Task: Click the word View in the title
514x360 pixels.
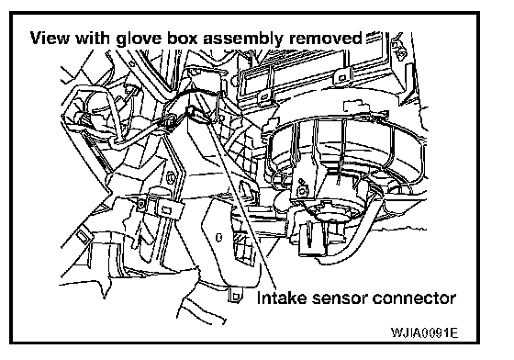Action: [50, 38]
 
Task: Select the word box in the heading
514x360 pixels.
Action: [183, 38]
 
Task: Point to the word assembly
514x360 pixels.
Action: [243, 39]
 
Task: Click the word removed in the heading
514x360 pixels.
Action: [326, 38]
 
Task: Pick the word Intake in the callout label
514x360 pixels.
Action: [282, 298]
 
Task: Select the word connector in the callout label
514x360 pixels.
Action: [414, 298]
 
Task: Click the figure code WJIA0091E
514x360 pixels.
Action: [424, 332]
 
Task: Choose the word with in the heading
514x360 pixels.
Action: [93, 38]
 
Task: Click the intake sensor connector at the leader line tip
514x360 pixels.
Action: [191, 111]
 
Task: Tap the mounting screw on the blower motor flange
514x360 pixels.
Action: [301, 189]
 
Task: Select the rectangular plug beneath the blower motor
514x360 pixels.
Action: [313, 239]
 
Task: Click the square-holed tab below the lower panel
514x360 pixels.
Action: [235, 297]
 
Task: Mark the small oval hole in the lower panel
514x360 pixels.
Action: [219, 237]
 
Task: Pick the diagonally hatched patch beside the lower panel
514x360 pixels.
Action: [240, 237]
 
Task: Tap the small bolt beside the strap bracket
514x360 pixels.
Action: [141, 204]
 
